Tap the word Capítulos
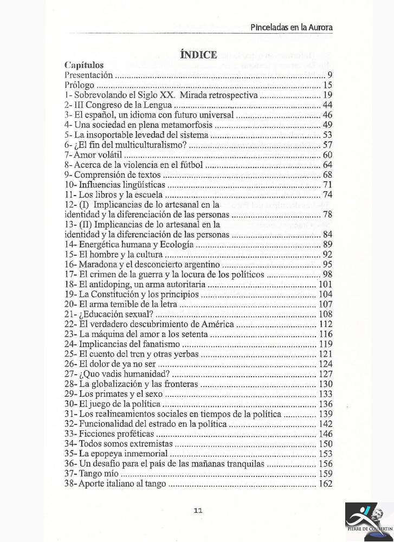83,66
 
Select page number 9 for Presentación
329,75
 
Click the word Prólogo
79,85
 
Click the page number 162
326,484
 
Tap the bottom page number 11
197,509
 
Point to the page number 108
326,314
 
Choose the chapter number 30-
71,404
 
